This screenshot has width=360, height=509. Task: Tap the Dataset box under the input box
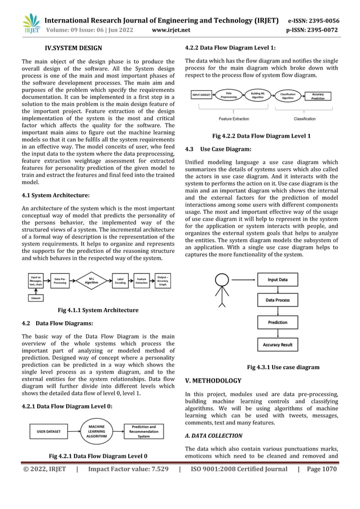point(36,297)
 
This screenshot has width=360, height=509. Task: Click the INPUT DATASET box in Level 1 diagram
point(201,95)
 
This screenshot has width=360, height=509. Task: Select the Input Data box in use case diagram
point(277,280)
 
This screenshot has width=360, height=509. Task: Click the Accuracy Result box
point(277,344)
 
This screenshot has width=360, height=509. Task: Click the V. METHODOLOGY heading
point(213,381)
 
